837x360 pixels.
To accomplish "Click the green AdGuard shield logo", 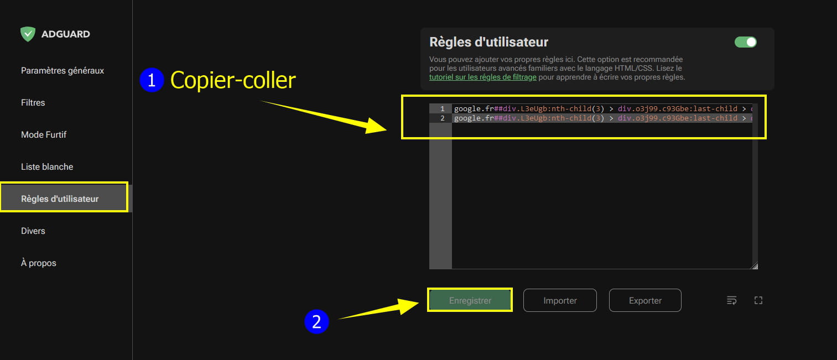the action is pos(28,34).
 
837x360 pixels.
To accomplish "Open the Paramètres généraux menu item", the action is pos(63,71).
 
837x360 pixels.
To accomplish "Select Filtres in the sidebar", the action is pos(33,103).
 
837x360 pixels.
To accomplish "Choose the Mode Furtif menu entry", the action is pos(44,135).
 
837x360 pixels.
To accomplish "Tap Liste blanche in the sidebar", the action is pos(47,167).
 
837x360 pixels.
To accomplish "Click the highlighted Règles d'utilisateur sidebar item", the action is pos(64,197).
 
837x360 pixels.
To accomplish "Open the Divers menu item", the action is pos(33,231).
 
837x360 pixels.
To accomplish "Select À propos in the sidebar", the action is pos(39,263).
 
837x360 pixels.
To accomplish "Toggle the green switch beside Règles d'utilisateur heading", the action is pos(746,42).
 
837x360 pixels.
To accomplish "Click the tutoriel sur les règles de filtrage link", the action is pos(483,77).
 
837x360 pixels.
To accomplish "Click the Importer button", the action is pos(560,300).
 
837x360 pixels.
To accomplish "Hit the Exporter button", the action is pos(645,300).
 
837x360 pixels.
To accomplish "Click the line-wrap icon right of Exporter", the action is pos(732,300).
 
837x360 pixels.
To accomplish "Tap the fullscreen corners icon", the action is pos(758,300).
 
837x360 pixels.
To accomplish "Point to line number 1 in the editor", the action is pos(443,109).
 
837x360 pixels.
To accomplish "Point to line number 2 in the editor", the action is pos(443,118).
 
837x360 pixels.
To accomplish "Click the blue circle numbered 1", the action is pos(152,80).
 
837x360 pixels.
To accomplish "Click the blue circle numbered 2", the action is pos(316,321).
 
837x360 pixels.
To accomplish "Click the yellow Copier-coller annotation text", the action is pos(233,80).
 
